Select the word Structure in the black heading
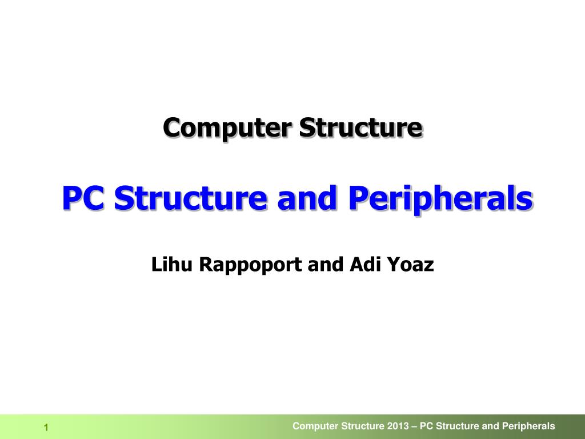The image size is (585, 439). [361, 127]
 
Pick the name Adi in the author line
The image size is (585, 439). [362, 265]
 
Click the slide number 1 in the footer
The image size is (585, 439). [46, 428]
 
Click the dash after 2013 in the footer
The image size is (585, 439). [414, 426]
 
